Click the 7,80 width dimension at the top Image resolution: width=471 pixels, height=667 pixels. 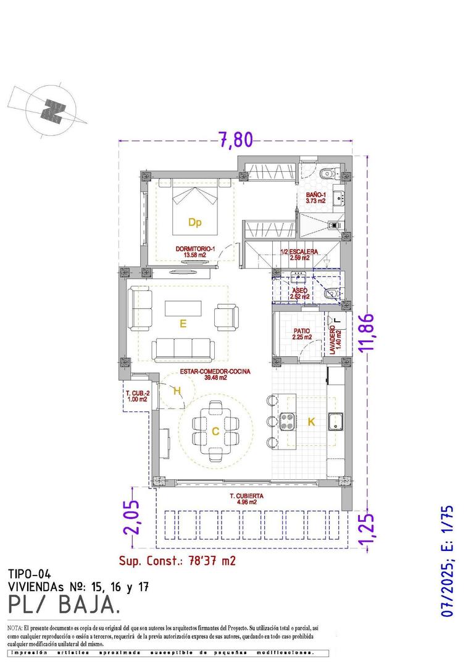click(x=235, y=140)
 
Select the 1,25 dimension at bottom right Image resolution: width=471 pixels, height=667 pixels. click(x=369, y=530)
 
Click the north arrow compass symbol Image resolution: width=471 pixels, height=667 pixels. click(x=52, y=109)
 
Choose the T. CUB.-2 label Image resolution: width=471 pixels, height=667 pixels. click(x=136, y=396)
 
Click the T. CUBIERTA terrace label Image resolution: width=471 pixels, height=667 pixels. click(x=246, y=498)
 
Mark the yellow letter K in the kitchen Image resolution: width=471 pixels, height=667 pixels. click(x=311, y=422)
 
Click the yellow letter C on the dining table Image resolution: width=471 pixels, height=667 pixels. click(x=215, y=432)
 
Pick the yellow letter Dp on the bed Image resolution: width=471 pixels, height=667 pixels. click(x=195, y=222)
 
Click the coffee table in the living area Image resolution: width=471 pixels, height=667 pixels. click(x=183, y=308)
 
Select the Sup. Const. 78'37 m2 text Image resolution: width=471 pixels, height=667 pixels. click(x=177, y=561)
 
